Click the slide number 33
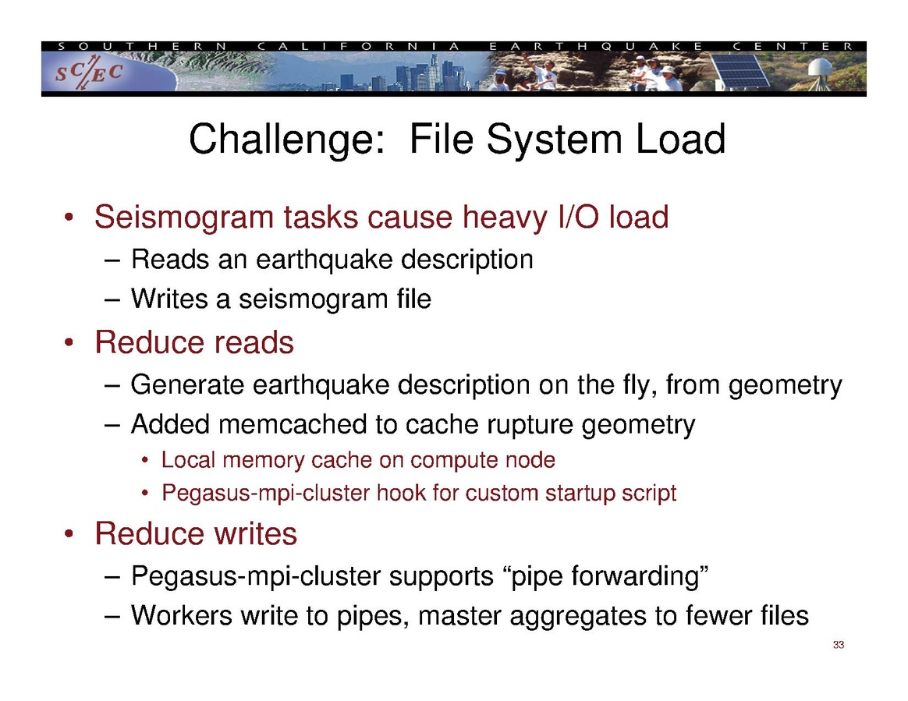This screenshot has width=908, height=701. click(839, 645)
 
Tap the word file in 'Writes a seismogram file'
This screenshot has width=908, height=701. click(412, 299)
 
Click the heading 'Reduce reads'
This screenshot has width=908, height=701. click(193, 342)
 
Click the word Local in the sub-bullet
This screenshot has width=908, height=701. click(188, 460)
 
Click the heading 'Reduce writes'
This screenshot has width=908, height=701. click(195, 534)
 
